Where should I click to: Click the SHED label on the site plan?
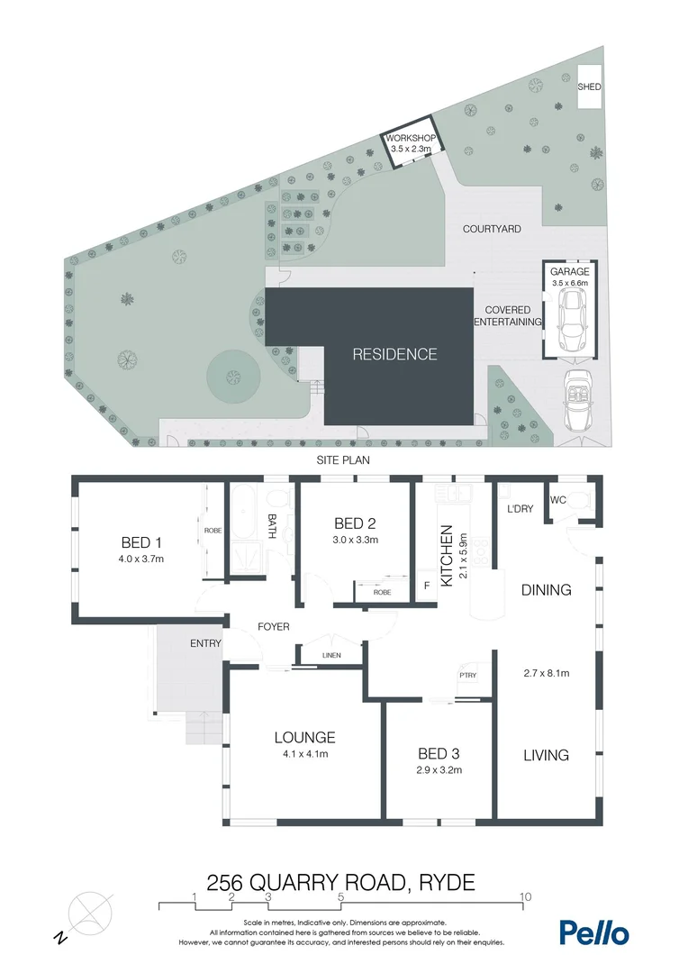(590, 87)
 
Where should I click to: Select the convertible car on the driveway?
(575, 404)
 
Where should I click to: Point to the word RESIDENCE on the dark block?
(394, 354)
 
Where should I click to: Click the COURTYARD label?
(492, 230)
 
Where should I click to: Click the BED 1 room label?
(141, 542)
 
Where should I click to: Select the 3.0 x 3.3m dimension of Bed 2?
(355, 541)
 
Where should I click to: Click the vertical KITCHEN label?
(445, 557)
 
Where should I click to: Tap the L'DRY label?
(521, 509)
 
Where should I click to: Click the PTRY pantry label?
(467, 675)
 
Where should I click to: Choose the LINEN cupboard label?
(331, 655)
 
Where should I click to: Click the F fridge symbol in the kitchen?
(426, 585)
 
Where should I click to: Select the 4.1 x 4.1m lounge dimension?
(304, 754)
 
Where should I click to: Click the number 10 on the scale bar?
(524, 897)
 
